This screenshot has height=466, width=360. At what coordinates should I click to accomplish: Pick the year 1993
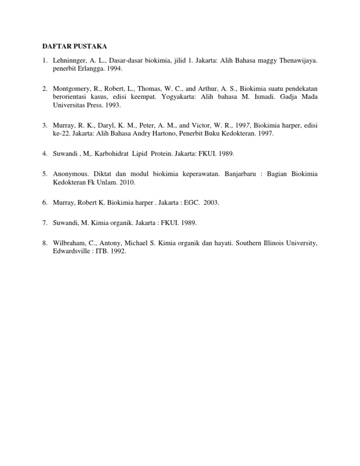pyautogui.click(x=112, y=105)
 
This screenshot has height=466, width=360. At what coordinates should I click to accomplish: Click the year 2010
pyautogui.click(x=127, y=182)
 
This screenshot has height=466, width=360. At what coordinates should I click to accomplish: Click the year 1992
pyautogui.click(x=118, y=251)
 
